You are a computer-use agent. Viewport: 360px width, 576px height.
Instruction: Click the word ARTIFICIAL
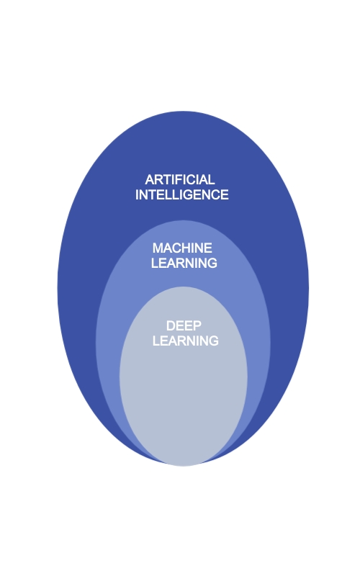179,179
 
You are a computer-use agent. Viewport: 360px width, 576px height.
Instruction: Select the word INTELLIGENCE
182,194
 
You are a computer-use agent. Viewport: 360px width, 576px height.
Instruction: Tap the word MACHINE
182,248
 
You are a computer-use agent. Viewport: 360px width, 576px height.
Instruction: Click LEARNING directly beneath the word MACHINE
184,263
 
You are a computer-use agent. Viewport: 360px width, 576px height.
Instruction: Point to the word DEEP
184,326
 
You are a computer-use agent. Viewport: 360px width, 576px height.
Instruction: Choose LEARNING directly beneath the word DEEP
186,341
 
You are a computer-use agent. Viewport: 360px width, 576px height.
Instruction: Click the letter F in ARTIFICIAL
179,179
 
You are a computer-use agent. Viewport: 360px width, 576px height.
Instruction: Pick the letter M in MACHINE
158,248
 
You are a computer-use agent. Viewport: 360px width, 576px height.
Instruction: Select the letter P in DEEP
197,326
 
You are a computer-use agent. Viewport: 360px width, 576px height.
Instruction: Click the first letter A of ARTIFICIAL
150,179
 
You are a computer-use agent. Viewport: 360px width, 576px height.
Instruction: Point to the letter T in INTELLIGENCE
151,194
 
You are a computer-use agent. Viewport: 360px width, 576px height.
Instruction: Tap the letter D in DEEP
171,326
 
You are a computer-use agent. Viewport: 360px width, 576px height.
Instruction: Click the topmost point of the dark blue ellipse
183,111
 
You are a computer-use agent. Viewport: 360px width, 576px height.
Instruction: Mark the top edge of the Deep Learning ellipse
183,287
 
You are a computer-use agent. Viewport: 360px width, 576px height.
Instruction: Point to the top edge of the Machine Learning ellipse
183,220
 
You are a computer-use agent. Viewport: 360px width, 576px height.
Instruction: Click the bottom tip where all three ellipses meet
183,465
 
